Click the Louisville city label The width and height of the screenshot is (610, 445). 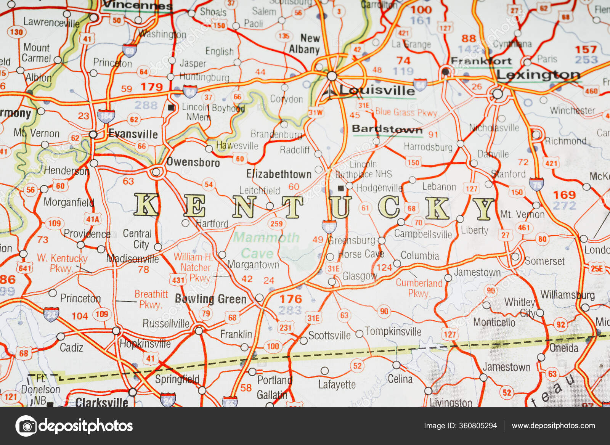377,90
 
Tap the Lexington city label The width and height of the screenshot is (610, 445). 538,75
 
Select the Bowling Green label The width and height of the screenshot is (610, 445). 211,299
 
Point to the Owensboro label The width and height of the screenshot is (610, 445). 193,162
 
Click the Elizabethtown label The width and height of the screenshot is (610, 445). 279,174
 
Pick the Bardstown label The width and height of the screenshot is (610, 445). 387,129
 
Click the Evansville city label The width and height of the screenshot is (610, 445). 133,134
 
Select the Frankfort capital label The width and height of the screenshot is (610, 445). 481,61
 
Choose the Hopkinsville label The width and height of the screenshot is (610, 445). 145,344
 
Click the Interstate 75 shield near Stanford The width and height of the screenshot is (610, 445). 536,184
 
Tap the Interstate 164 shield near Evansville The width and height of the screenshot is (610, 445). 106,116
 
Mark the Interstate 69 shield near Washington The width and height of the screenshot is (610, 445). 129,50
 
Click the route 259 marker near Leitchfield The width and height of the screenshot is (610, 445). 276,223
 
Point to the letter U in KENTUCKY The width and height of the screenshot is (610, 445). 340,207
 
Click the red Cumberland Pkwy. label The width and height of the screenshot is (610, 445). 419,288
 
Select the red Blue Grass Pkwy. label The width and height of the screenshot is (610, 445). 406,112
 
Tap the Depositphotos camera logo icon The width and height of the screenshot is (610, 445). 26,426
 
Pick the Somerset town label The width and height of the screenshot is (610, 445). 544,261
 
